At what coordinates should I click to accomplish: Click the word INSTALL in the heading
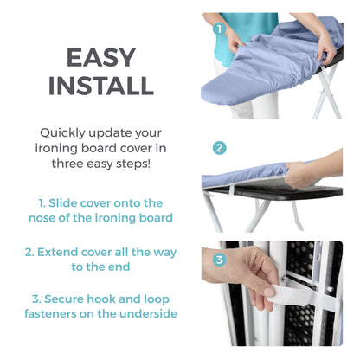click(x=101, y=85)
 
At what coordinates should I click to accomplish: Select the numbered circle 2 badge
click(x=220, y=148)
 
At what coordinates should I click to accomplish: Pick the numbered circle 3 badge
click(x=220, y=259)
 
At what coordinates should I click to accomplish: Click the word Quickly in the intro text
click(x=66, y=132)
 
